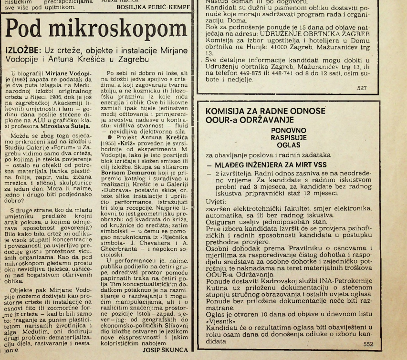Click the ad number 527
coord(364,88)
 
